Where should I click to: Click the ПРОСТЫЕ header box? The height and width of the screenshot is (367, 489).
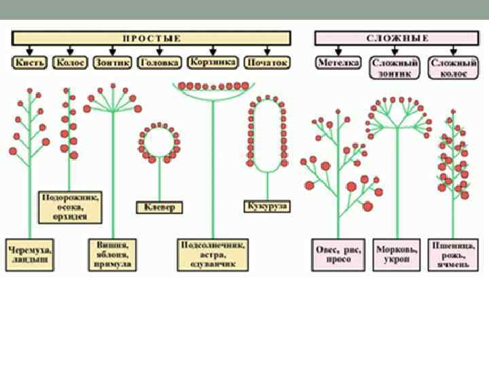tap(151, 38)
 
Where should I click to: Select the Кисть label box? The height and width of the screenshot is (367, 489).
tap(29, 63)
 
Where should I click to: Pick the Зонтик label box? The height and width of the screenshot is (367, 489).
tap(112, 63)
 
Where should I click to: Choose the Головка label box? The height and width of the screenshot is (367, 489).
tap(160, 63)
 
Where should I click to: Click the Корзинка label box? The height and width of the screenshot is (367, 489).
tap(213, 63)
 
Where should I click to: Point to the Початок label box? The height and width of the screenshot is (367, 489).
tap(267, 63)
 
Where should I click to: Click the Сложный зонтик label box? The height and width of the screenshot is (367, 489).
tap(395, 67)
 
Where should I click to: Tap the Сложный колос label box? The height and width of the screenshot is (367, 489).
tap(450, 67)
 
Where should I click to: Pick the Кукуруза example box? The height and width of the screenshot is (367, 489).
tap(268, 205)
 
